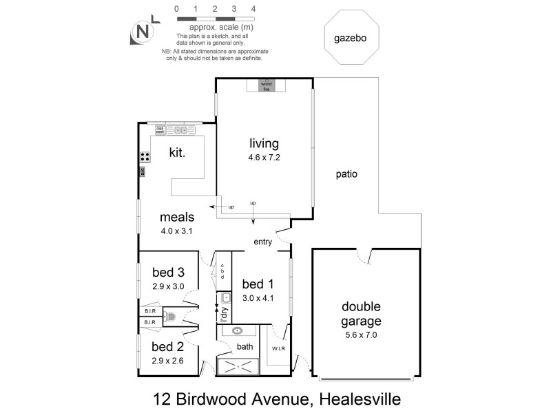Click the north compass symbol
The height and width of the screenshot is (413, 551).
[143, 32]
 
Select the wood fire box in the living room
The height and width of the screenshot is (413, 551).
[266, 85]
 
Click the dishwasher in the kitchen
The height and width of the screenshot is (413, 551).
[160, 129]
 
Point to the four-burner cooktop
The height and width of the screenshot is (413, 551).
[146, 156]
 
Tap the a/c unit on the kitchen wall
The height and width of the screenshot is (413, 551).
[142, 171]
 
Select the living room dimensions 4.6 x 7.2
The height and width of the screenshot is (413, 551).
[264, 157]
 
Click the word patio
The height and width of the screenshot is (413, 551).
[346, 174]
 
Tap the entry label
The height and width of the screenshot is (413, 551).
[263, 242]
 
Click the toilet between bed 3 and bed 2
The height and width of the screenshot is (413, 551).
[171, 317]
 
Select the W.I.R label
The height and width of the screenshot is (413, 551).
[279, 348]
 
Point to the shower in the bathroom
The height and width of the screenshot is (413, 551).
[238, 367]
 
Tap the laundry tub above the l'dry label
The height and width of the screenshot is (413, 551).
[225, 298]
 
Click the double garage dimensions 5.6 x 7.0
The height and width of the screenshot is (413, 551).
[362, 335]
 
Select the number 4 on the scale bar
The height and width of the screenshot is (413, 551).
[254, 9]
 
